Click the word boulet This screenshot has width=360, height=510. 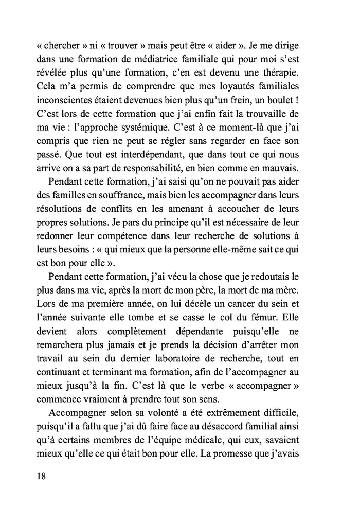pos(296,98)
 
